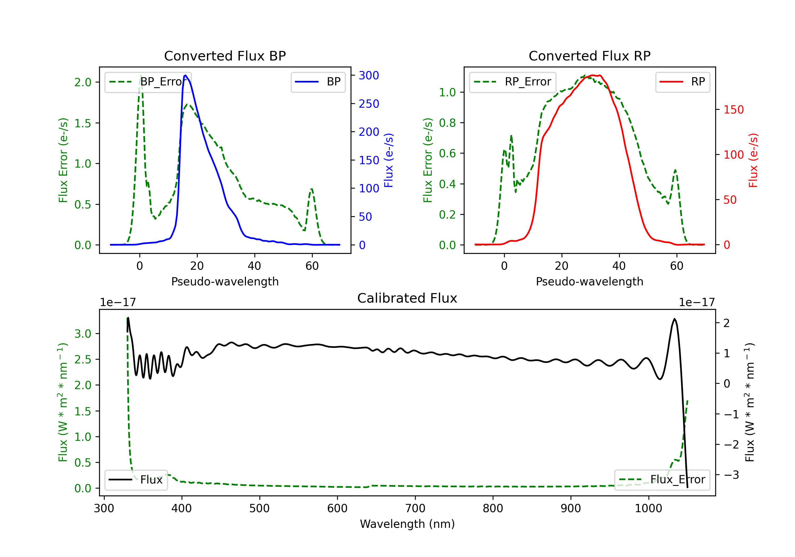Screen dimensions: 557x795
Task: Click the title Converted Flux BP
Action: tap(225, 56)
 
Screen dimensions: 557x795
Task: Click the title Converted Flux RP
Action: tap(589, 56)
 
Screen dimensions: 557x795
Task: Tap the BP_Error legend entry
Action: tap(148, 82)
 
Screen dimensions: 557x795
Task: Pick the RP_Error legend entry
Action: tap(513, 82)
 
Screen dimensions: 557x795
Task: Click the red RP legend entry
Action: tap(682, 82)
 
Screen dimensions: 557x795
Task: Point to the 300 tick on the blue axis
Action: tap(368, 75)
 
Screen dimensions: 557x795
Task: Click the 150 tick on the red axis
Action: tap(733, 110)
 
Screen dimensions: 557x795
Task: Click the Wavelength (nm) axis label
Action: tap(407, 524)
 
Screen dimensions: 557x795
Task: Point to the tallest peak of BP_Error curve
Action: tap(140, 75)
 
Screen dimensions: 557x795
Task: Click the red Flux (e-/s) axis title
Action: tap(753, 160)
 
